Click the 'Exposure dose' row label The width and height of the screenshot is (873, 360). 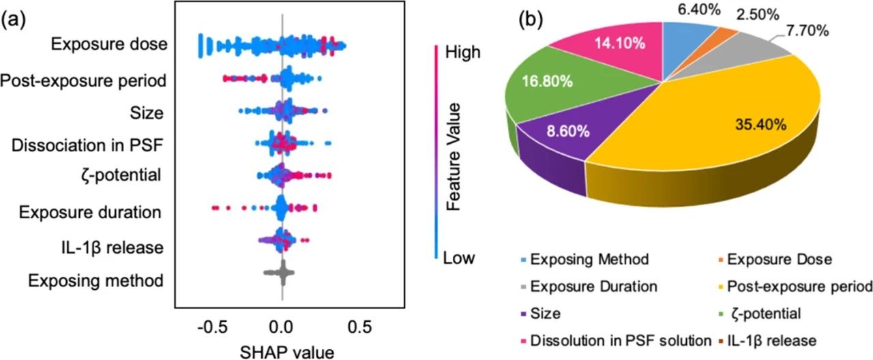point(108,46)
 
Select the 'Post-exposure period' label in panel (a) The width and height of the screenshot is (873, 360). point(83,81)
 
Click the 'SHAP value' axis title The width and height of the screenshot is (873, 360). point(282,351)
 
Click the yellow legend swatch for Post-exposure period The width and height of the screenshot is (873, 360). point(717,286)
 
